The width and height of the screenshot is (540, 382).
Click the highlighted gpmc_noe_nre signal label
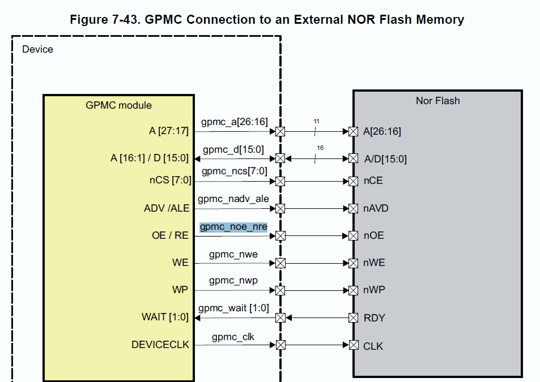click(x=233, y=227)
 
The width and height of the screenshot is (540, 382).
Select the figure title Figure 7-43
click(x=267, y=20)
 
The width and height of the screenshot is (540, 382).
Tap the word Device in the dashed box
click(x=37, y=49)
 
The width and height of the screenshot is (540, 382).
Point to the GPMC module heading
click(x=118, y=105)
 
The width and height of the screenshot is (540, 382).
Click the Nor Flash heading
click(x=437, y=101)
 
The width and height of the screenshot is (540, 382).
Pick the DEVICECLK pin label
click(x=160, y=345)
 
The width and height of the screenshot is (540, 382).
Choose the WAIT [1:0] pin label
click(x=165, y=317)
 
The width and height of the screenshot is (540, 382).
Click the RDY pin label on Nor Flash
click(x=374, y=318)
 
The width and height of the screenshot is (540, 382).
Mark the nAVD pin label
click(x=376, y=208)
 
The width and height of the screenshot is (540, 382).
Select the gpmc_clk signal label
click(x=233, y=337)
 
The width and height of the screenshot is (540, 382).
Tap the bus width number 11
click(x=316, y=122)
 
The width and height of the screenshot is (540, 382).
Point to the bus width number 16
click(x=320, y=148)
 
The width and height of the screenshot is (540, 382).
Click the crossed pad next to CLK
click(x=354, y=345)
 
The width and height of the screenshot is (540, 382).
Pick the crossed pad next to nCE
click(x=354, y=181)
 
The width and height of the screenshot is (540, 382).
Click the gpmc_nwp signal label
click(x=233, y=281)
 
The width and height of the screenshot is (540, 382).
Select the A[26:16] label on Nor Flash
click(x=381, y=131)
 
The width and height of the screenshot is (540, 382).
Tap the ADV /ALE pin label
click(x=167, y=208)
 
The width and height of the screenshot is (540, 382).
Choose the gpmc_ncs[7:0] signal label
click(x=234, y=171)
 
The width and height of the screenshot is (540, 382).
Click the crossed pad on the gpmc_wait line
click(x=280, y=317)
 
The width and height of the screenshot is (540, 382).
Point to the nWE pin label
click(x=375, y=263)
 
